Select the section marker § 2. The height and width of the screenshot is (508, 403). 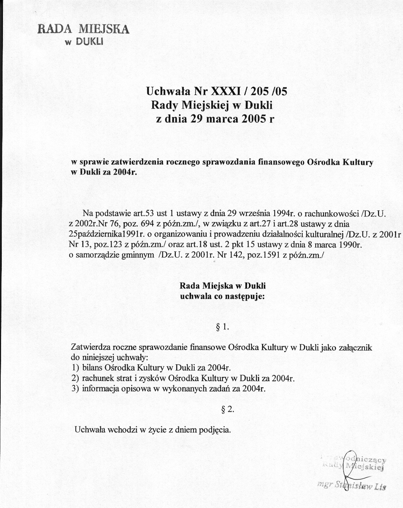tap(227, 409)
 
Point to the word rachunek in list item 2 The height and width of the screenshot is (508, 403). tap(95, 378)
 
